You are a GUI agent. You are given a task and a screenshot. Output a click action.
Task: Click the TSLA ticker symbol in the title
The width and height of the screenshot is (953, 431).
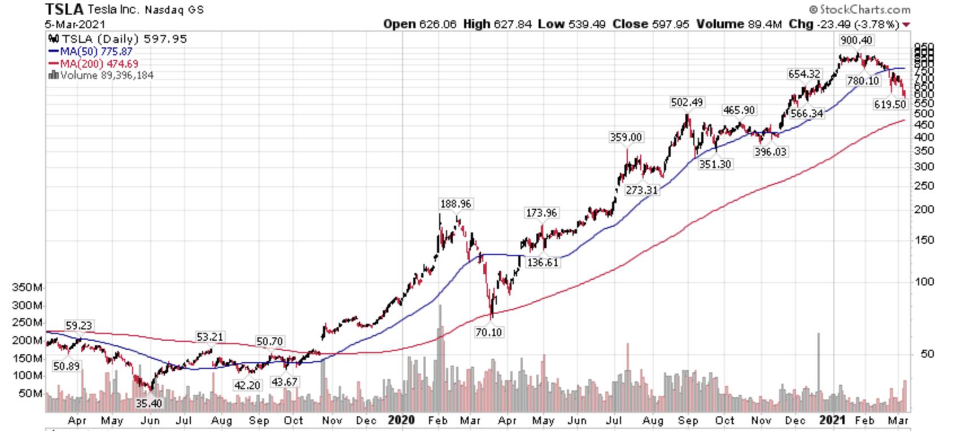coord(64,9)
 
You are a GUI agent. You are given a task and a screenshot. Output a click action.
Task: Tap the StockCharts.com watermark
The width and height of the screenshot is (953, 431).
coord(859,9)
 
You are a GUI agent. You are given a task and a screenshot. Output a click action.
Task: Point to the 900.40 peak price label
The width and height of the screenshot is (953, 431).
coord(856,40)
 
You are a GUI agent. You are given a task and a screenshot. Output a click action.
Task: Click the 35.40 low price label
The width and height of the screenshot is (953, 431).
coord(148,403)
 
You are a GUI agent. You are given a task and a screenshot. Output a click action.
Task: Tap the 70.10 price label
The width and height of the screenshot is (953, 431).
coord(488,332)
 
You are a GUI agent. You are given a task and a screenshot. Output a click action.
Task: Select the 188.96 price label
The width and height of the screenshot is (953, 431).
coord(455,204)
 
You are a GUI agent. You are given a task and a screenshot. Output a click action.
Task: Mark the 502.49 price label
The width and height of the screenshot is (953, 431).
coord(687,102)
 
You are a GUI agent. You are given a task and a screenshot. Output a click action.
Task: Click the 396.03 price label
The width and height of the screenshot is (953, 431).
coord(770,152)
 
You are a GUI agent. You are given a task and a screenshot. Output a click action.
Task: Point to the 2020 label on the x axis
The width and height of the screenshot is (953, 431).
coord(401,420)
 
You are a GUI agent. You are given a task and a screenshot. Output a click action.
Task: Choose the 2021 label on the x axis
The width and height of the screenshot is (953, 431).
coord(832,420)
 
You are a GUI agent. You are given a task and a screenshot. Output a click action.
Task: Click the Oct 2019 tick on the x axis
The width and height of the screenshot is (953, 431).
coord(294,421)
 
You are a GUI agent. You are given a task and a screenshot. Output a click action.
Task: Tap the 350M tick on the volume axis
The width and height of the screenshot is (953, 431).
coord(27,288)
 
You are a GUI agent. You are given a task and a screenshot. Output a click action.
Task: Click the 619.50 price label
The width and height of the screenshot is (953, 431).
coord(890,104)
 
